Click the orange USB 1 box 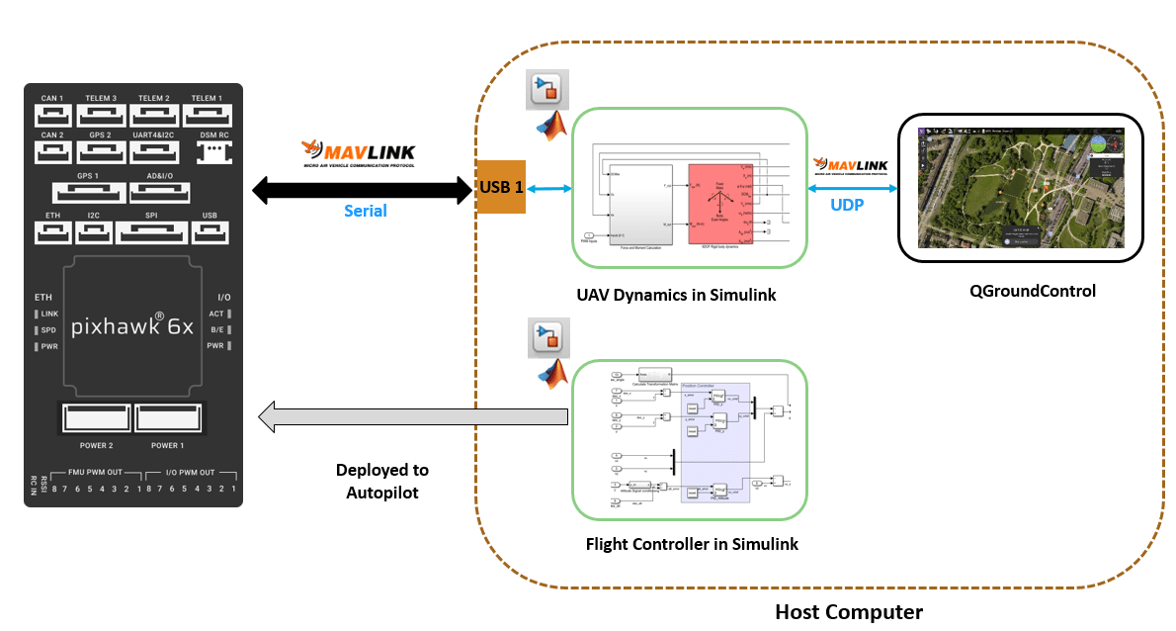click(501, 187)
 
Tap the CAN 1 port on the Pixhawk click(52, 116)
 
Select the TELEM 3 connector click(100, 116)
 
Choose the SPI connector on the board click(150, 231)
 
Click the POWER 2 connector click(95, 418)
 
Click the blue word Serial click(365, 211)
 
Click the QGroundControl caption click(1020, 291)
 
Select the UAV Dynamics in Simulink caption click(690, 295)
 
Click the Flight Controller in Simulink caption click(692, 544)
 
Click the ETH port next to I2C click(52, 231)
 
